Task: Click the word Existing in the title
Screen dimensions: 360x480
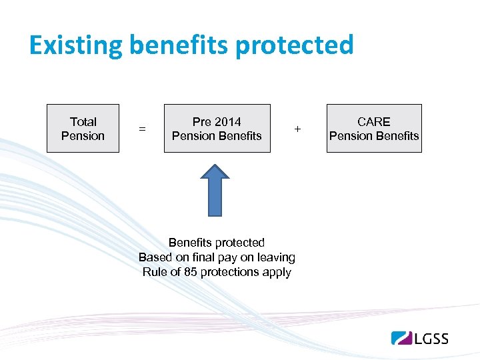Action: tap(75, 46)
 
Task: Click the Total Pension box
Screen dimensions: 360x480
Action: tap(83, 129)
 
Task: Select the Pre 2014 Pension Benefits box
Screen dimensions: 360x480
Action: tap(217, 129)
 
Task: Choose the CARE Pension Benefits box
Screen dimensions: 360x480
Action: tap(374, 129)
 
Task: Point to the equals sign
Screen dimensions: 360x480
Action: tap(141, 129)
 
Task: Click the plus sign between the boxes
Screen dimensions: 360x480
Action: tap(297, 128)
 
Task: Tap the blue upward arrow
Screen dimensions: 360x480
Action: tap(215, 189)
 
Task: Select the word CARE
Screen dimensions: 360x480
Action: tap(374, 122)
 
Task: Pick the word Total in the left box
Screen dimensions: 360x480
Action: tap(83, 122)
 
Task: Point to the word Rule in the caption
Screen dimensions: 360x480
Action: tap(156, 272)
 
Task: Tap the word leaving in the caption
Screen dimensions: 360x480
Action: tap(275, 257)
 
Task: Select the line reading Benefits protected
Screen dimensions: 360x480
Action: tap(217, 243)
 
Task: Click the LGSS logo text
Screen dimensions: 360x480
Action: tap(431, 339)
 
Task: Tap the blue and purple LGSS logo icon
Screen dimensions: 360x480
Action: tap(402, 338)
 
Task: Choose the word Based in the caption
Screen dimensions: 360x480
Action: tap(155, 257)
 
